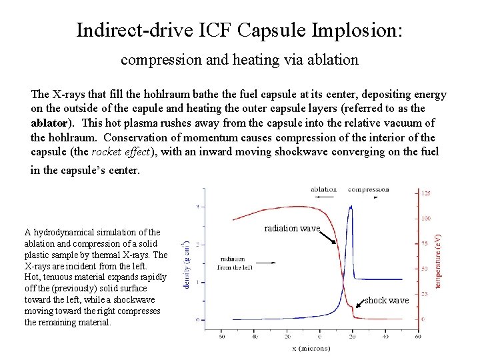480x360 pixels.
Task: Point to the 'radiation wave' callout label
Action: point(292,228)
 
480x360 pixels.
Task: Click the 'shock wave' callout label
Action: point(387,301)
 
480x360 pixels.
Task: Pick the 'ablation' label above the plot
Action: point(323,189)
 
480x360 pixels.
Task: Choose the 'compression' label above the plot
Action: point(368,189)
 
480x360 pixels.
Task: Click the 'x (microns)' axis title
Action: point(311,348)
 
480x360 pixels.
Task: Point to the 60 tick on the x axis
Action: point(417,335)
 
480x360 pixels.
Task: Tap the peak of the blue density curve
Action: point(351,207)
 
